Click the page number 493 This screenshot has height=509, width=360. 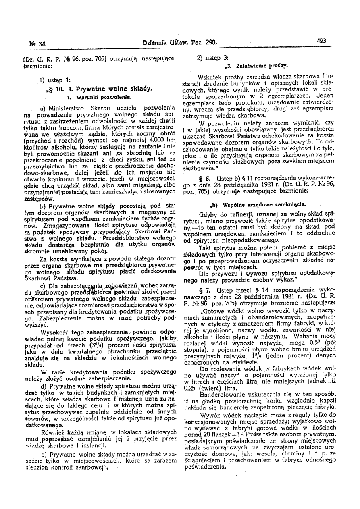tap(321, 40)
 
